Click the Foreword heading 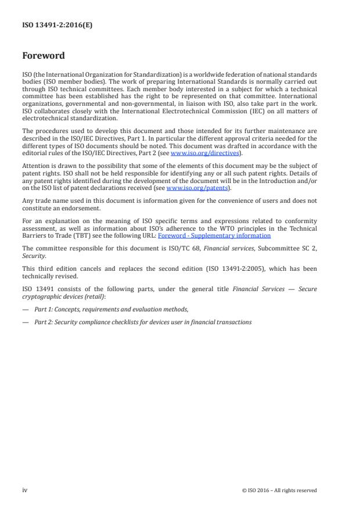coord(43,56)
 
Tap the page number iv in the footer coord(25,490)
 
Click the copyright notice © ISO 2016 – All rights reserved coord(279,490)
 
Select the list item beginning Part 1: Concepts coord(111,310)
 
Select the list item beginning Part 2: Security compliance coord(143,321)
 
